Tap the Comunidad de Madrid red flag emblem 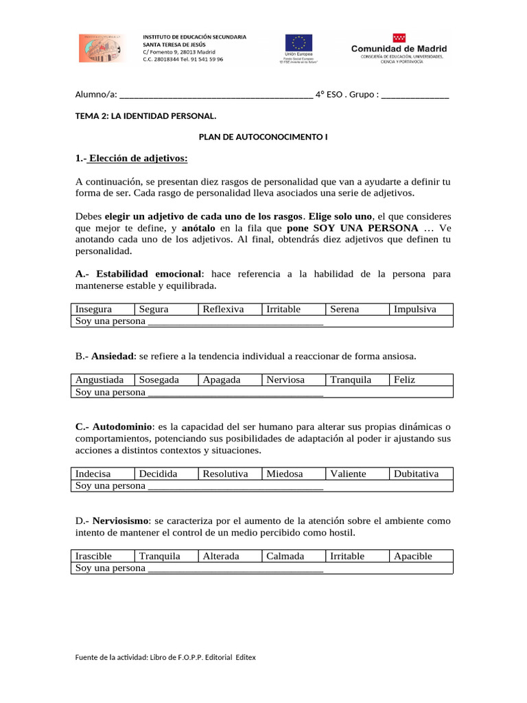399,38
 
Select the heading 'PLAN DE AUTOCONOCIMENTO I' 263,137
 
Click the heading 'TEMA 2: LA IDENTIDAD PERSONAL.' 145,116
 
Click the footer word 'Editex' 246,657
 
